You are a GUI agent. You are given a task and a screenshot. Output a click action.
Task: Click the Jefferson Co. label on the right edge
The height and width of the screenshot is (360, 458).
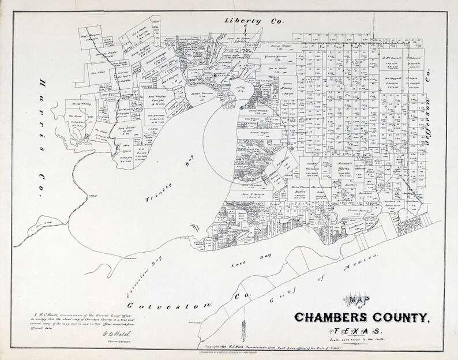pos(429,98)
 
